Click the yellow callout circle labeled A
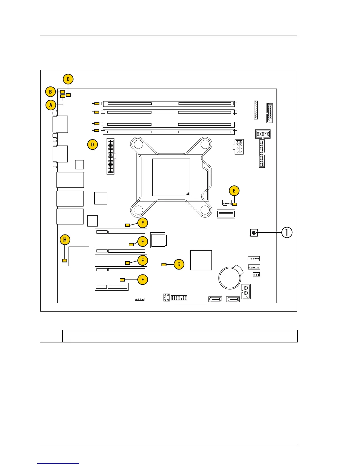coord(51,105)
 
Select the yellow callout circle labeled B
coord(51,92)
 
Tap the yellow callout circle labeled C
coord(68,79)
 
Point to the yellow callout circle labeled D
coord(93,144)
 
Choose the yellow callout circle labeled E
coord(234,191)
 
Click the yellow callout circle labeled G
coord(179,264)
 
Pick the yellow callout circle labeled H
coord(65,240)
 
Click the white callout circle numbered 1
coord(287,233)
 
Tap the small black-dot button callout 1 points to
coord(254,233)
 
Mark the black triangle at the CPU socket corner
coord(188,193)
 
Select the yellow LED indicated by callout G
coord(164,264)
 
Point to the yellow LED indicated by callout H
coord(65,260)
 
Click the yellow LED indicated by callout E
coord(234,204)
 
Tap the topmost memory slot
coord(169,104)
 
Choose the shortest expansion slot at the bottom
coord(111,287)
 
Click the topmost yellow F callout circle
coord(143,223)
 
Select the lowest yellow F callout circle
coord(143,279)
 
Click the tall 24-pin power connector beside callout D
coord(111,157)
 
